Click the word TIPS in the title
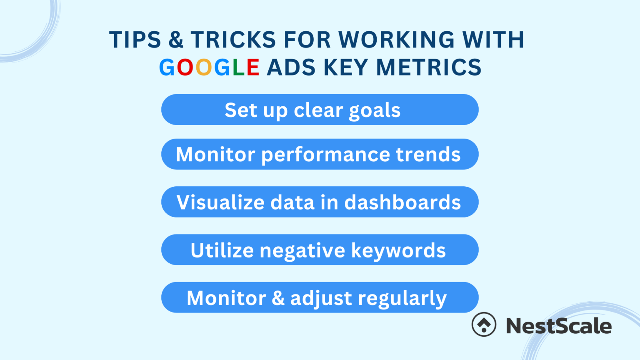tap(135, 40)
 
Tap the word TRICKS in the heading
tap(233, 40)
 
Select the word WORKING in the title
tap(396, 40)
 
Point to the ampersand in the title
tap(176, 40)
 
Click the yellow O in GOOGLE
tap(204, 67)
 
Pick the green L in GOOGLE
tap(238, 67)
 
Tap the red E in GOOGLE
tap(253, 67)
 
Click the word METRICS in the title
tap(429, 67)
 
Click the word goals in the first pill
tap(375, 111)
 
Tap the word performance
tap(325, 155)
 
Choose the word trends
tap(428, 154)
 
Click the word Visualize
tap(221, 202)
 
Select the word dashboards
tap(402, 202)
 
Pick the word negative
tap(302, 251)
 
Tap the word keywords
tap(398, 250)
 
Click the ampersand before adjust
tap(278, 298)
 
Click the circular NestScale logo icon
tap(484, 324)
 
